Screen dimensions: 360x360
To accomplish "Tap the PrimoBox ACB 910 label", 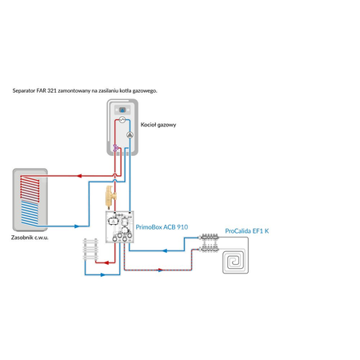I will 162,227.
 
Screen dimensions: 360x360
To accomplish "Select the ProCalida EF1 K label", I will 247,231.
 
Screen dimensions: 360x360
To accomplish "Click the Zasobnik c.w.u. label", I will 34,238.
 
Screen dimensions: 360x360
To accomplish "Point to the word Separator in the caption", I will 26,91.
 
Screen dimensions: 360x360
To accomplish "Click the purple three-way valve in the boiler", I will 117,147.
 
